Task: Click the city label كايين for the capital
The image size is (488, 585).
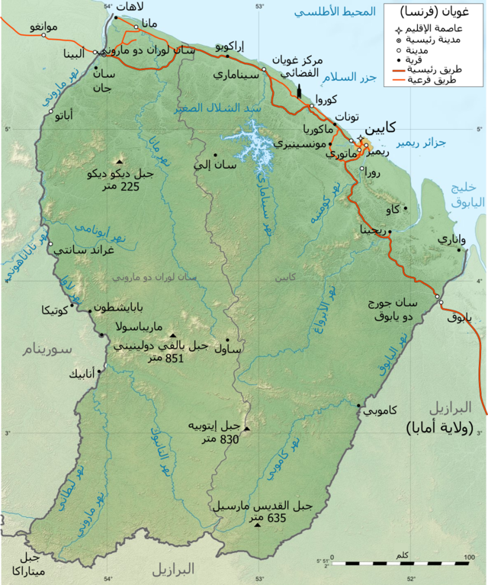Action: tap(380, 130)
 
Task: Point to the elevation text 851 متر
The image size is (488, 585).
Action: tap(159, 358)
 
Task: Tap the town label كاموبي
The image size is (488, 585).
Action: tap(380, 411)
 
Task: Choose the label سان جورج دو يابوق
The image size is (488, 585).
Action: tap(409, 308)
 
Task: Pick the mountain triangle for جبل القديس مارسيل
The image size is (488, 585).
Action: tap(258, 526)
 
